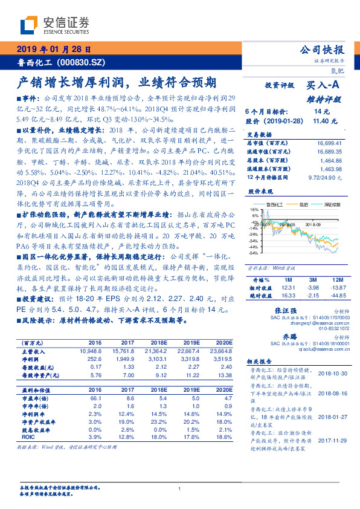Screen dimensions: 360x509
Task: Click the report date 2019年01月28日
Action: tap(53, 50)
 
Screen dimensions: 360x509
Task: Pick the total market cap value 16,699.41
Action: tap(327, 143)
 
